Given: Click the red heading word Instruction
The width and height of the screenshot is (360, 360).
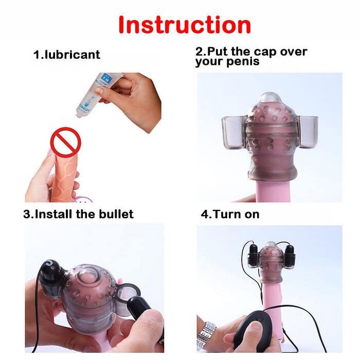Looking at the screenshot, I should click(185, 25).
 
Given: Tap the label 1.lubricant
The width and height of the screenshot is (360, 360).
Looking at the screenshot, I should click(67, 55).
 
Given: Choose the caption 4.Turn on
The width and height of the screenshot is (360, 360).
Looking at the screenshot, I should click(230, 214).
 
